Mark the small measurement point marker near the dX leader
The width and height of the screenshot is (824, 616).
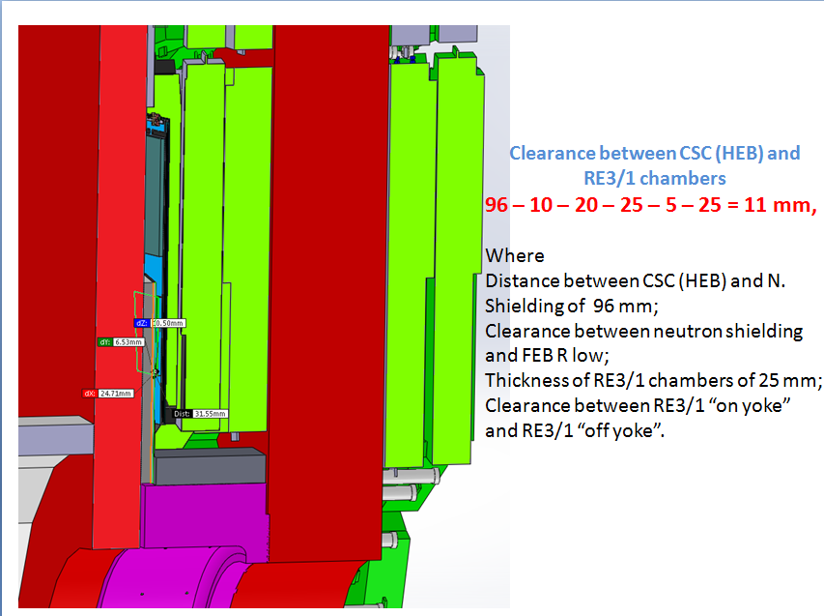(155, 371)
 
